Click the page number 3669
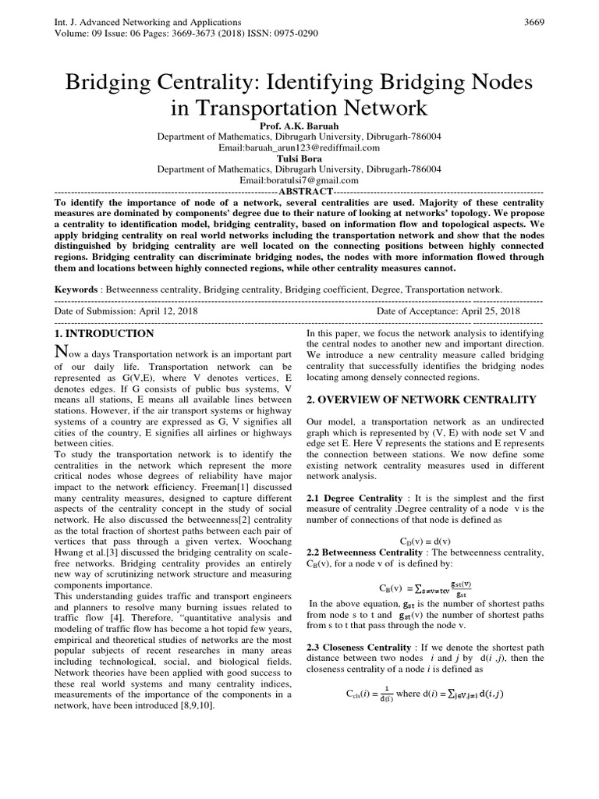coord(534,22)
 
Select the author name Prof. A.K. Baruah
coord(299,125)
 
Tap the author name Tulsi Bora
coord(299,158)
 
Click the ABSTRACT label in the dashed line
coord(305,191)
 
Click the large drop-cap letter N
coord(62,354)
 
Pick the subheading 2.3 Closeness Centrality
coord(358,648)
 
